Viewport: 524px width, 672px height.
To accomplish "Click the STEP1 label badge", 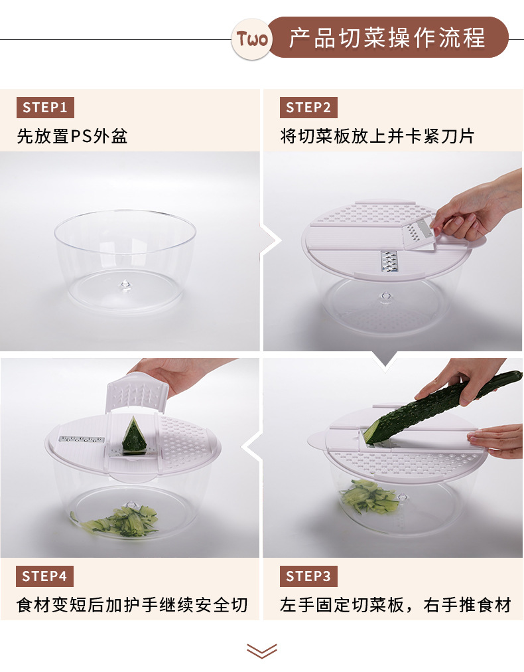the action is pyautogui.click(x=45, y=108).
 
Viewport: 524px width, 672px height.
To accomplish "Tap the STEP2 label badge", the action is pyautogui.click(x=308, y=108).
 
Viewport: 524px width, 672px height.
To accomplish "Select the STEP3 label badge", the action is pyautogui.click(x=308, y=576).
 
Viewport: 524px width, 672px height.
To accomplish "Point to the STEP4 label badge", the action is pyautogui.click(x=45, y=576).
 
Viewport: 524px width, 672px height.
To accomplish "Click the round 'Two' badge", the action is pyautogui.click(x=252, y=39).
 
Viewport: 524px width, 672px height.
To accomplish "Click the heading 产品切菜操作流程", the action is pyautogui.click(x=387, y=38).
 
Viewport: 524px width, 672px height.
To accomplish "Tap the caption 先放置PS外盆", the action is pyautogui.click(x=72, y=136).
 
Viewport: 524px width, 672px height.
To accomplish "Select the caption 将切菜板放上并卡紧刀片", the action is pyautogui.click(x=377, y=136).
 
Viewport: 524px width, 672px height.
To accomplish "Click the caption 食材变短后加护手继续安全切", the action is pyautogui.click(x=132, y=605).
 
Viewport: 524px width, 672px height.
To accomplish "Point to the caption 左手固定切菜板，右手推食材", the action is pyautogui.click(x=396, y=605).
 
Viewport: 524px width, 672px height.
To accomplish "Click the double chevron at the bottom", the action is pyautogui.click(x=262, y=651).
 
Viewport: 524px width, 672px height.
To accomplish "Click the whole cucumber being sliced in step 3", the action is pyautogui.click(x=441, y=407).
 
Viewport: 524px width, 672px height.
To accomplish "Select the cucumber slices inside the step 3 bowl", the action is pyautogui.click(x=369, y=496).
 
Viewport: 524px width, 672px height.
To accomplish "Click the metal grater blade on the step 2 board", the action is pyautogui.click(x=389, y=262).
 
